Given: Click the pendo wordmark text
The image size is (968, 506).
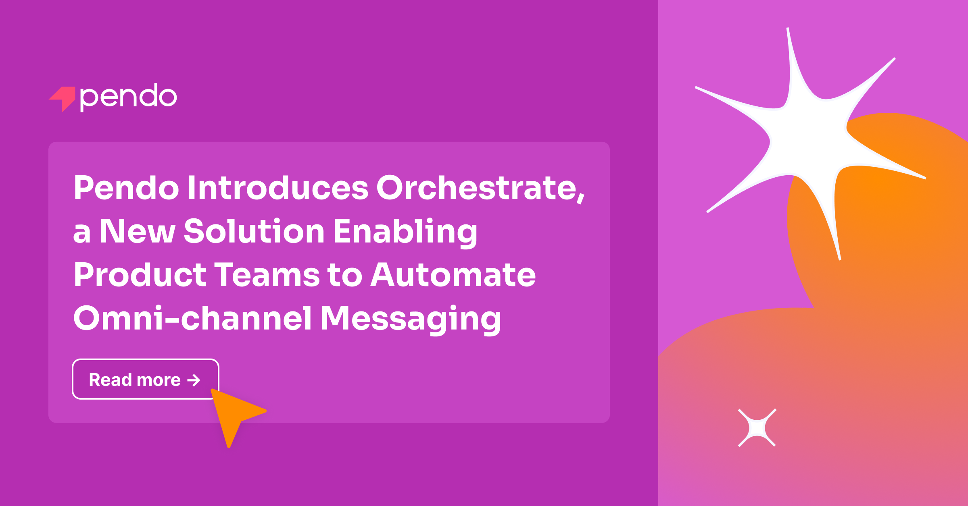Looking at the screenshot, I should [128, 97].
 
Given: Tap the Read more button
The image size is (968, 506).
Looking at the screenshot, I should [145, 379].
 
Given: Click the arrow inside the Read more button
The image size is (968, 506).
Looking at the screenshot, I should [194, 380].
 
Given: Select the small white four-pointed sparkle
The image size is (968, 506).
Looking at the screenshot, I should [757, 428].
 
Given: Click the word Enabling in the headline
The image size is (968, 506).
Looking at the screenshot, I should [405, 232].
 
